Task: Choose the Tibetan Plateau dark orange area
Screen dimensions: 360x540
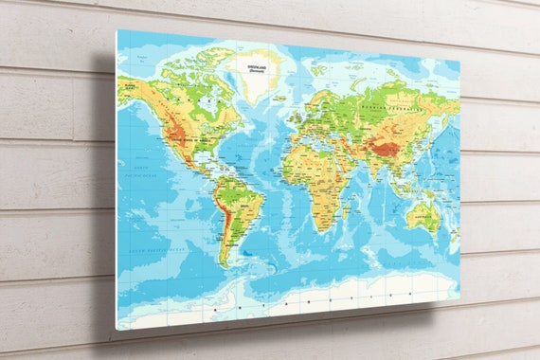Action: coord(384,148)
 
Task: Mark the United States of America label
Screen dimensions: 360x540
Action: coord(188,138)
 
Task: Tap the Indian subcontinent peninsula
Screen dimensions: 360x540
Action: coord(370,171)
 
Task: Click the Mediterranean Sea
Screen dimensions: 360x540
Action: coord(316,143)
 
